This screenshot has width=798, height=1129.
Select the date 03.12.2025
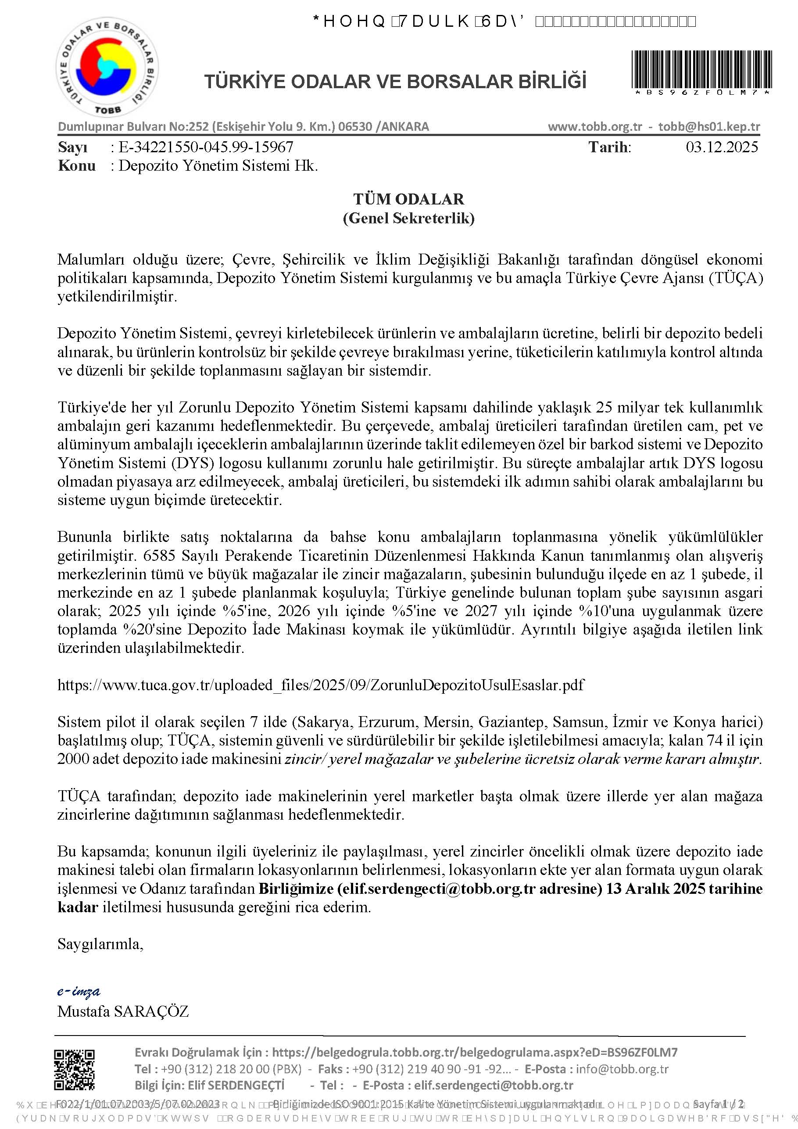721,147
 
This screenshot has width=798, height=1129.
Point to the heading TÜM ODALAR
408,199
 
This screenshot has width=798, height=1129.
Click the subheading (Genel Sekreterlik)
408,218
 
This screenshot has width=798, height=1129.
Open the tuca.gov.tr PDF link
321,685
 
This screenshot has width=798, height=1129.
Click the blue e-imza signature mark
79,991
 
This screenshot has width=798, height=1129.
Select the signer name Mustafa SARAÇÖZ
123,1011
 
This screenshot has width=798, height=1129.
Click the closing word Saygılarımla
100,944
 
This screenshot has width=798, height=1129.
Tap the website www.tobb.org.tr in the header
595,126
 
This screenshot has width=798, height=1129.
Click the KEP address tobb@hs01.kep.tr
709,126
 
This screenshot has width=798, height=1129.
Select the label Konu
76,166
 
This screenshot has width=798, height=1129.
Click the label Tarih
609,147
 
